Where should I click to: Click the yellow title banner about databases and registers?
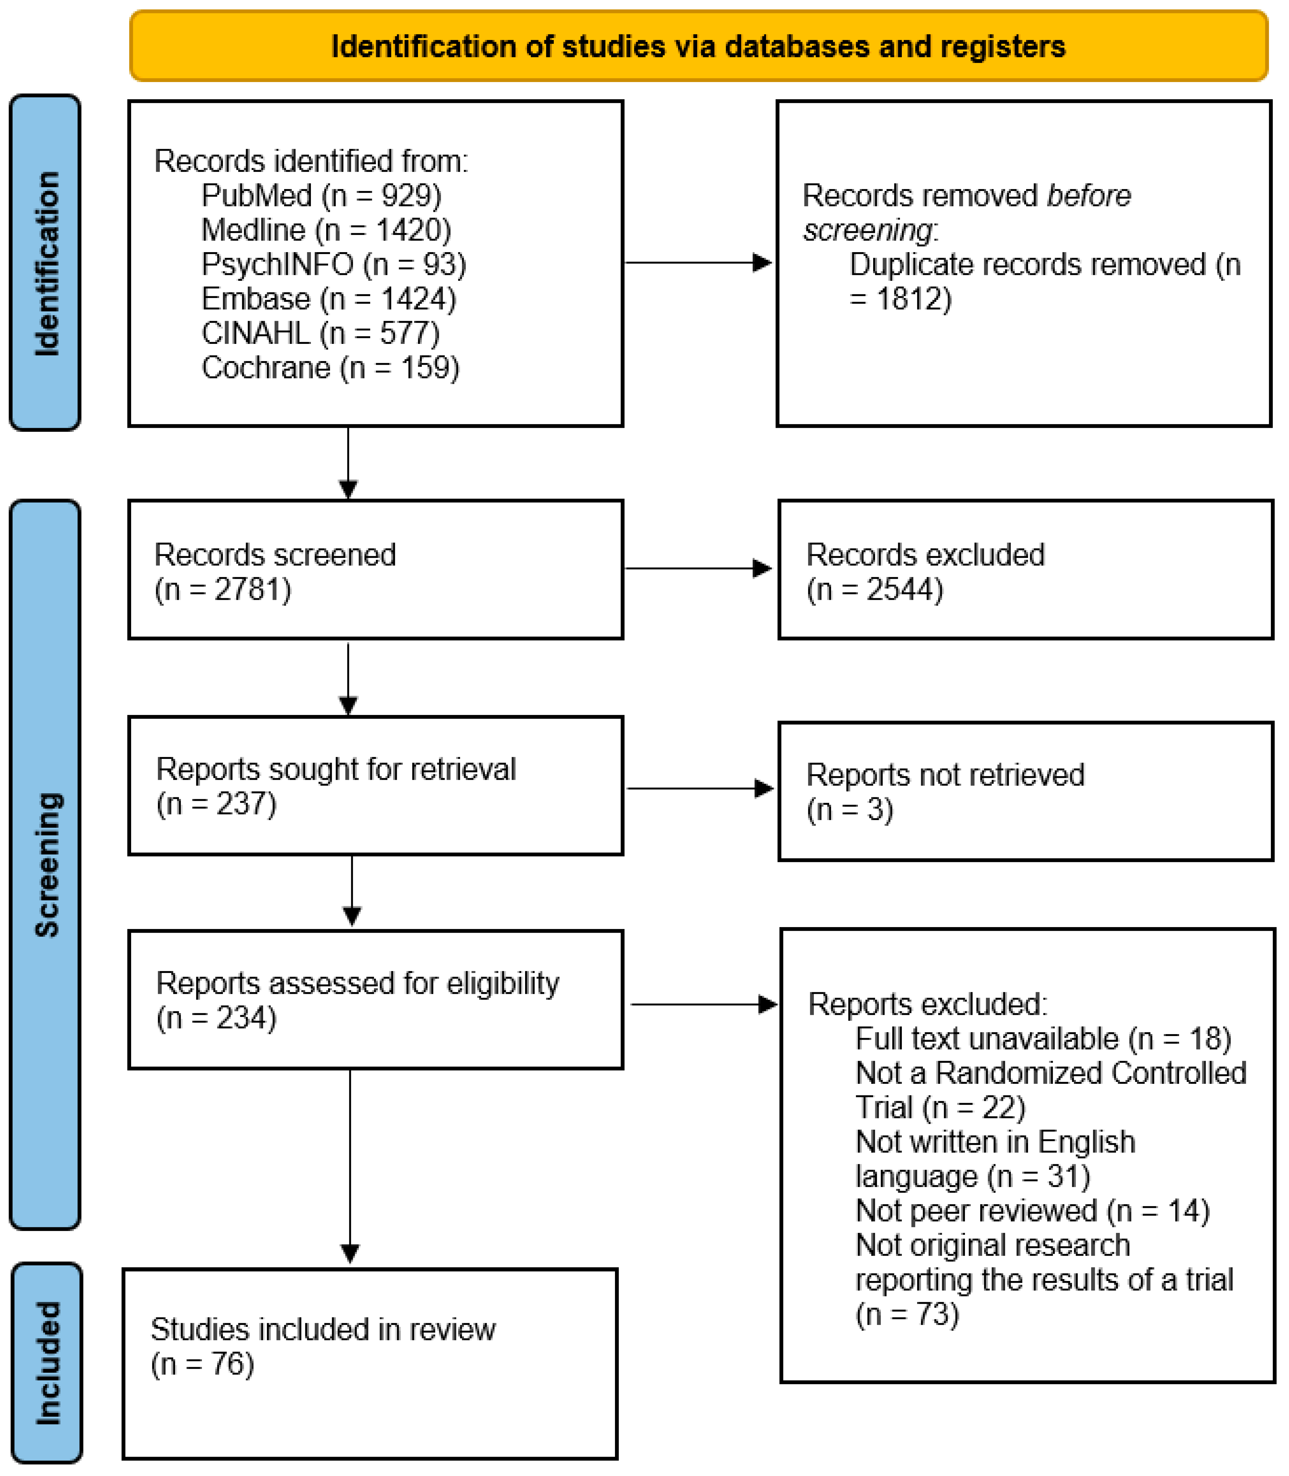coord(698,46)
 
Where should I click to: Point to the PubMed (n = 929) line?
coord(321,196)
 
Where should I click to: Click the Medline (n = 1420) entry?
coord(326,230)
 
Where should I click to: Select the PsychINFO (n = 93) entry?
coord(333,265)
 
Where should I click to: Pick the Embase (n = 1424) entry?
coord(328,299)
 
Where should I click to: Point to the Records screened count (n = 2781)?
coord(223,589)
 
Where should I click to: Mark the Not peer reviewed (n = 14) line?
coord(1032,1211)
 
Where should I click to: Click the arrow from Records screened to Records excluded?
coord(698,569)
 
